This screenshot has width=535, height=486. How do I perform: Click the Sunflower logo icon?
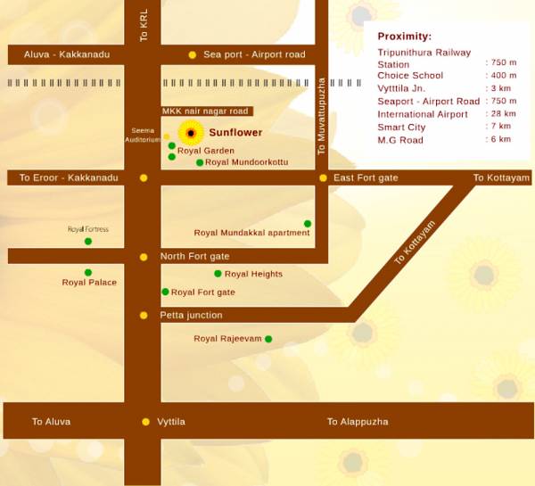tap(191, 133)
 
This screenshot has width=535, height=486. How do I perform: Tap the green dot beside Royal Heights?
tap(218, 274)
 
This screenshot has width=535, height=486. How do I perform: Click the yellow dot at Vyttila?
tap(146, 422)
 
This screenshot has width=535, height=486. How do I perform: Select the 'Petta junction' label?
tap(191, 315)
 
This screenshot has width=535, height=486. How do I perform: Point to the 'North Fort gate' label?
tap(194, 257)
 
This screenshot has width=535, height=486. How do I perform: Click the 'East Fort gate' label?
tap(366, 178)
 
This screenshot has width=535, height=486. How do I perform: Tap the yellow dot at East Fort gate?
tap(324, 178)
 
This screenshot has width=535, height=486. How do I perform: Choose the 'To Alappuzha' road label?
tap(358, 422)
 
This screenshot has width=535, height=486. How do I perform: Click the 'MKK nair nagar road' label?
tap(204, 111)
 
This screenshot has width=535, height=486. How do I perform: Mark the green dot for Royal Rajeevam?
tap(268, 339)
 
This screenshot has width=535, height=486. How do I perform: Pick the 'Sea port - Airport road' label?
tap(254, 54)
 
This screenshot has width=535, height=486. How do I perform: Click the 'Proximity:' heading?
tap(404, 37)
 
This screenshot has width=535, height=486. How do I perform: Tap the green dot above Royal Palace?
tap(88, 272)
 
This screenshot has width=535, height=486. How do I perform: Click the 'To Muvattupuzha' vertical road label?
tap(322, 117)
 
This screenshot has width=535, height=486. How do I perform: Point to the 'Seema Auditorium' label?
tap(143, 135)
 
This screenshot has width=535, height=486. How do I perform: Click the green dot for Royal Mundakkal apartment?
tap(308, 224)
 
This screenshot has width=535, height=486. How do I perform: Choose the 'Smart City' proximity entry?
tap(401, 128)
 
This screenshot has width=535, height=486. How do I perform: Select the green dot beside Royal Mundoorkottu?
tap(200, 162)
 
